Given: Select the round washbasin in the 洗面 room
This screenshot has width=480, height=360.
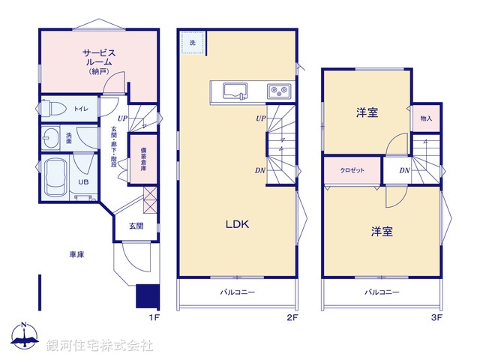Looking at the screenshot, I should pos(52,139).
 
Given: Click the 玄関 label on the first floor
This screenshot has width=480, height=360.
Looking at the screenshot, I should pos(136,225).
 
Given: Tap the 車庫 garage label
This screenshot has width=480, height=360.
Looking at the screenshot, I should pos(76,255).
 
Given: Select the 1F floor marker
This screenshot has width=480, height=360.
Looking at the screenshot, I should pos(154,318).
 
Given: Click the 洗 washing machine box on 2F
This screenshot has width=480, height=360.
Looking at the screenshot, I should pos(192,43).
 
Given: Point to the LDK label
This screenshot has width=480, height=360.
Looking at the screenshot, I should pos(238,224).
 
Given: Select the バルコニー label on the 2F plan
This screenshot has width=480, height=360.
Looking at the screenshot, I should pos(237,292).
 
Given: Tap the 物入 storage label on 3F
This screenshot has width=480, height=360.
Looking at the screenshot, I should pos(426,118).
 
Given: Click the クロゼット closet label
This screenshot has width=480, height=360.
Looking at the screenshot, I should pos(352,170).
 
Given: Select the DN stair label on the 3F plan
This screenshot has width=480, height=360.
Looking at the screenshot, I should pos(404,171).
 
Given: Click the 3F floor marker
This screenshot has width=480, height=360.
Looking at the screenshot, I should pos(437,318).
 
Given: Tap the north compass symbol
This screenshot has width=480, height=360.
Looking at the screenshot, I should pos(24,337).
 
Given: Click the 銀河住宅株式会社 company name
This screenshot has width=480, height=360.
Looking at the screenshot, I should pos(100,345).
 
